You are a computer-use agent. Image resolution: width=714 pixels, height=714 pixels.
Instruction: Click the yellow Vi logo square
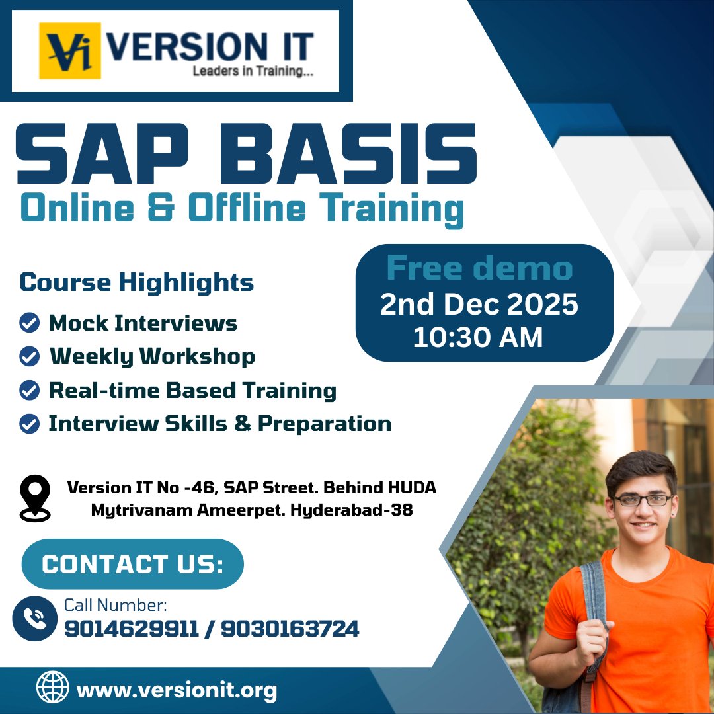[x=69, y=51]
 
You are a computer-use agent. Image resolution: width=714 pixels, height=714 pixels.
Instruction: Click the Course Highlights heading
[x=137, y=282]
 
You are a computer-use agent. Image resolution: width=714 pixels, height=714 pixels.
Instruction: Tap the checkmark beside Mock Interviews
[x=29, y=323]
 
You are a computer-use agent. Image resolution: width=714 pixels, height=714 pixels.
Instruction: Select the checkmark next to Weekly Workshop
[x=29, y=357]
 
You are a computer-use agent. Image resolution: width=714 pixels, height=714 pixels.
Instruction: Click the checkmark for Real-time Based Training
[x=29, y=391]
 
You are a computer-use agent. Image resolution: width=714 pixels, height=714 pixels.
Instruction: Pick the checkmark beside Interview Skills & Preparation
[x=29, y=424]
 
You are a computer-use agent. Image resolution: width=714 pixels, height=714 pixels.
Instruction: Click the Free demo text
[x=479, y=269]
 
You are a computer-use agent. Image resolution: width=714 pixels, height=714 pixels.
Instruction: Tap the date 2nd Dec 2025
[x=479, y=305]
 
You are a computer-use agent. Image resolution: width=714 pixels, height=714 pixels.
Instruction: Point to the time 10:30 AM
[x=477, y=338]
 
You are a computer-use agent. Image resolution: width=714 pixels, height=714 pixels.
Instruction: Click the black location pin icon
[x=35, y=498]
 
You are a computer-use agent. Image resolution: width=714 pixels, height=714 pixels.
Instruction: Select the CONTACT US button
[x=132, y=565]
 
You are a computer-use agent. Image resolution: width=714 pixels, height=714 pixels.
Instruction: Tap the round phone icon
[x=34, y=618]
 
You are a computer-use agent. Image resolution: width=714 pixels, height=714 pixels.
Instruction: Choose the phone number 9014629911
[x=132, y=629]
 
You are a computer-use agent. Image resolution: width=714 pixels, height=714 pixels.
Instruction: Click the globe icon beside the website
[x=52, y=687]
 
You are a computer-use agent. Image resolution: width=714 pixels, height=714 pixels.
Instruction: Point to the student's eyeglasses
[x=642, y=500]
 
